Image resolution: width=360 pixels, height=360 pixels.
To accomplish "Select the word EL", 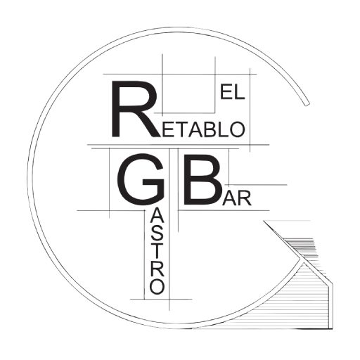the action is (x=232, y=93).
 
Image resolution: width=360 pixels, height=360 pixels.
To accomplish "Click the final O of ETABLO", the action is (x=237, y=129).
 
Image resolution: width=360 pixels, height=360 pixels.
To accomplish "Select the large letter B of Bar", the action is (x=202, y=180).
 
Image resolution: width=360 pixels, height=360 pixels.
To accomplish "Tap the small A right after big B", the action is (x=230, y=198).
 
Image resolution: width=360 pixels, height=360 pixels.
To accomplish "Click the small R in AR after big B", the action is (x=245, y=198).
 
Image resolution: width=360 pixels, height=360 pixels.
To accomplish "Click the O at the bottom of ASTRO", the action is (x=157, y=286).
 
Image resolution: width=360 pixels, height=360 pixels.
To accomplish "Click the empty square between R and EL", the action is (x=188, y=93).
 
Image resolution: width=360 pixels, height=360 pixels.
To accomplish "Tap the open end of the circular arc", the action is (x=307, y=103).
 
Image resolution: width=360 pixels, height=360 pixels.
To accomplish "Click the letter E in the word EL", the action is (x=225, y=93).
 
